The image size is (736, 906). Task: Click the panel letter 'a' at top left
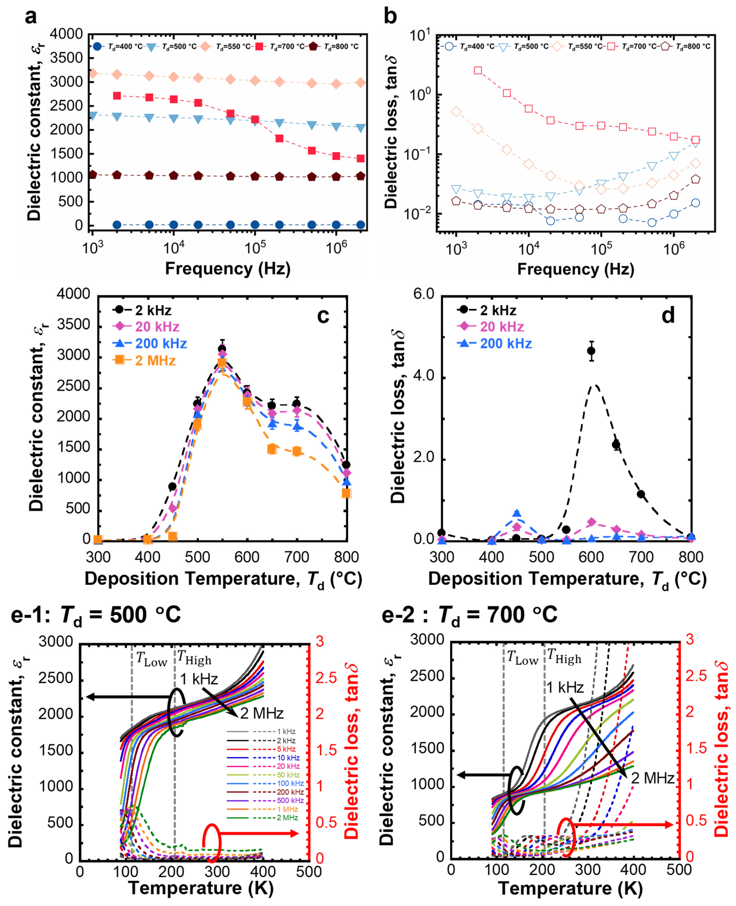30,17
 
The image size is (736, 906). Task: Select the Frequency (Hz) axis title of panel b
575,269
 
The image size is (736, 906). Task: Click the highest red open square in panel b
478,70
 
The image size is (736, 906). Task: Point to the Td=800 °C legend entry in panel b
692,46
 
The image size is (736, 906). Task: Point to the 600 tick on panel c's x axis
247,557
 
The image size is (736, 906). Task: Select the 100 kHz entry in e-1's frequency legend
290,784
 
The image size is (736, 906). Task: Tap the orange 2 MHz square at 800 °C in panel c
346,493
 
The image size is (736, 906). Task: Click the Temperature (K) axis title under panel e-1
200,887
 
